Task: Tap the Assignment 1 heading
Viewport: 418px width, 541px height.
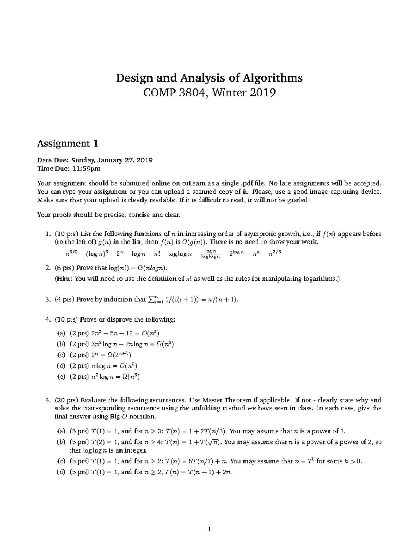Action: (68, 143)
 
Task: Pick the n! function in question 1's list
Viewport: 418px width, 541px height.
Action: (156, 254)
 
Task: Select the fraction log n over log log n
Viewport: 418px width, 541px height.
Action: (211, 254)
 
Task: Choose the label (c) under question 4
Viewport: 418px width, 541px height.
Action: (61, 355)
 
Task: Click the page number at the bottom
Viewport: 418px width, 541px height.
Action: (209, 529)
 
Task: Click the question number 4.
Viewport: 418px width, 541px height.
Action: (47, 319)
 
